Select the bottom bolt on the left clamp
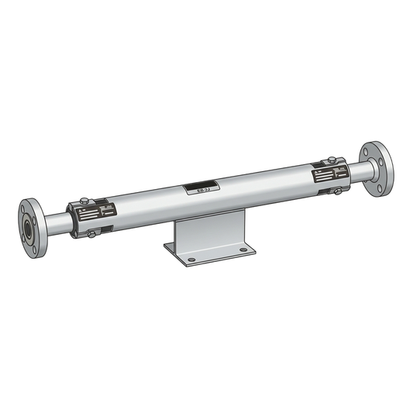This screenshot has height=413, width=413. coord(92,233)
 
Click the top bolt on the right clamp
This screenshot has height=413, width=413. coord(332,160)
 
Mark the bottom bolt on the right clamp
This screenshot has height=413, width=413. coord(336,188)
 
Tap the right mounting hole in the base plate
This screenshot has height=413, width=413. coord(243,250)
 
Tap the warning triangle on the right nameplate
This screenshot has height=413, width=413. coord(318,165)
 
